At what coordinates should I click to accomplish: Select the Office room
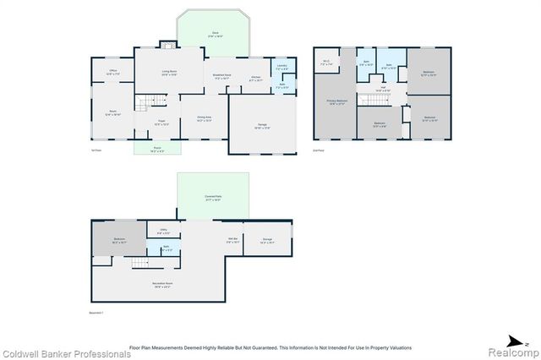pyautogui.click(x=112, y=73)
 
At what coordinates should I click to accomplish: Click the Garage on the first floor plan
pyautogui.click(x=264, y=126)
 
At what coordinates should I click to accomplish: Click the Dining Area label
pyautogui.click(x=204, y=118)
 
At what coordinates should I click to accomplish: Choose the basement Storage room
pyautogui.click(x=267, y=241)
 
